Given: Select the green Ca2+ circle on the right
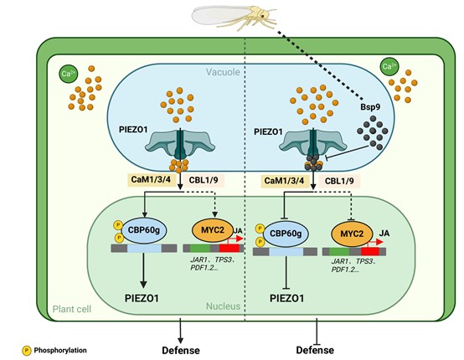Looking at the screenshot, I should pyautogui.click(x=389, y=66).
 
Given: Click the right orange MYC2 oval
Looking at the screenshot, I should pyautogui.click(x=351, y=229).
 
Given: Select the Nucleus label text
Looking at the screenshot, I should pyautogui.click(x=223, y=306).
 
